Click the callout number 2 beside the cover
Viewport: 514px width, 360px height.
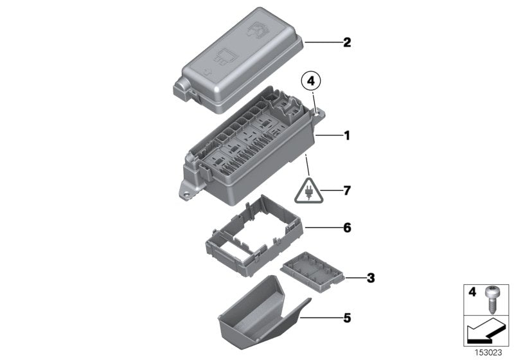347,43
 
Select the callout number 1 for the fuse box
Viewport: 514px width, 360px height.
347,136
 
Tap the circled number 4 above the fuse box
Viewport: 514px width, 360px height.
311,82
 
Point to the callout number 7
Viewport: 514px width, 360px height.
347,190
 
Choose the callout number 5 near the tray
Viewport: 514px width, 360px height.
347,317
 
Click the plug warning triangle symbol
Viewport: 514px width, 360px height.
310,190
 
